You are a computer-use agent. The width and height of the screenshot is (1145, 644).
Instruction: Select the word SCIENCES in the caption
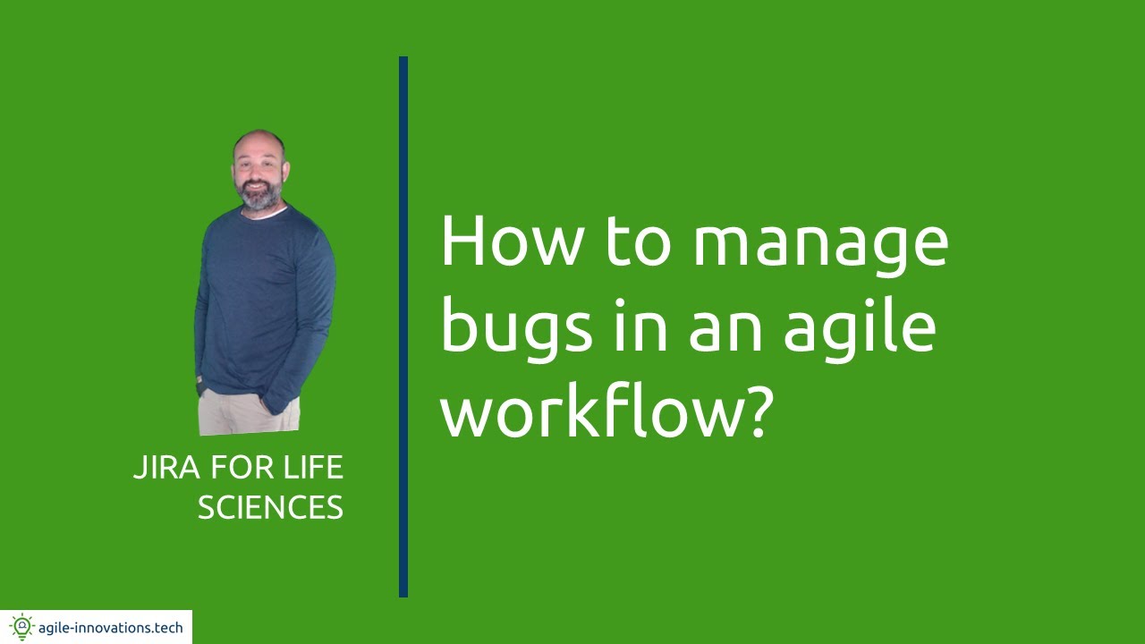(270, 508)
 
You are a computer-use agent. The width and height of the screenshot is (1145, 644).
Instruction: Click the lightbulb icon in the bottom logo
(21, 627)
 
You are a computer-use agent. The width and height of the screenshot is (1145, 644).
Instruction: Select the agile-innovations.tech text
(110, 628)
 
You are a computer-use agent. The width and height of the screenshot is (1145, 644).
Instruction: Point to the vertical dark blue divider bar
(403, 326)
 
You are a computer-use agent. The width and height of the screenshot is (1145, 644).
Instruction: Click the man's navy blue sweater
(266, 304)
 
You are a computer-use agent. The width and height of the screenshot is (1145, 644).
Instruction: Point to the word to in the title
(637, 243)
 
